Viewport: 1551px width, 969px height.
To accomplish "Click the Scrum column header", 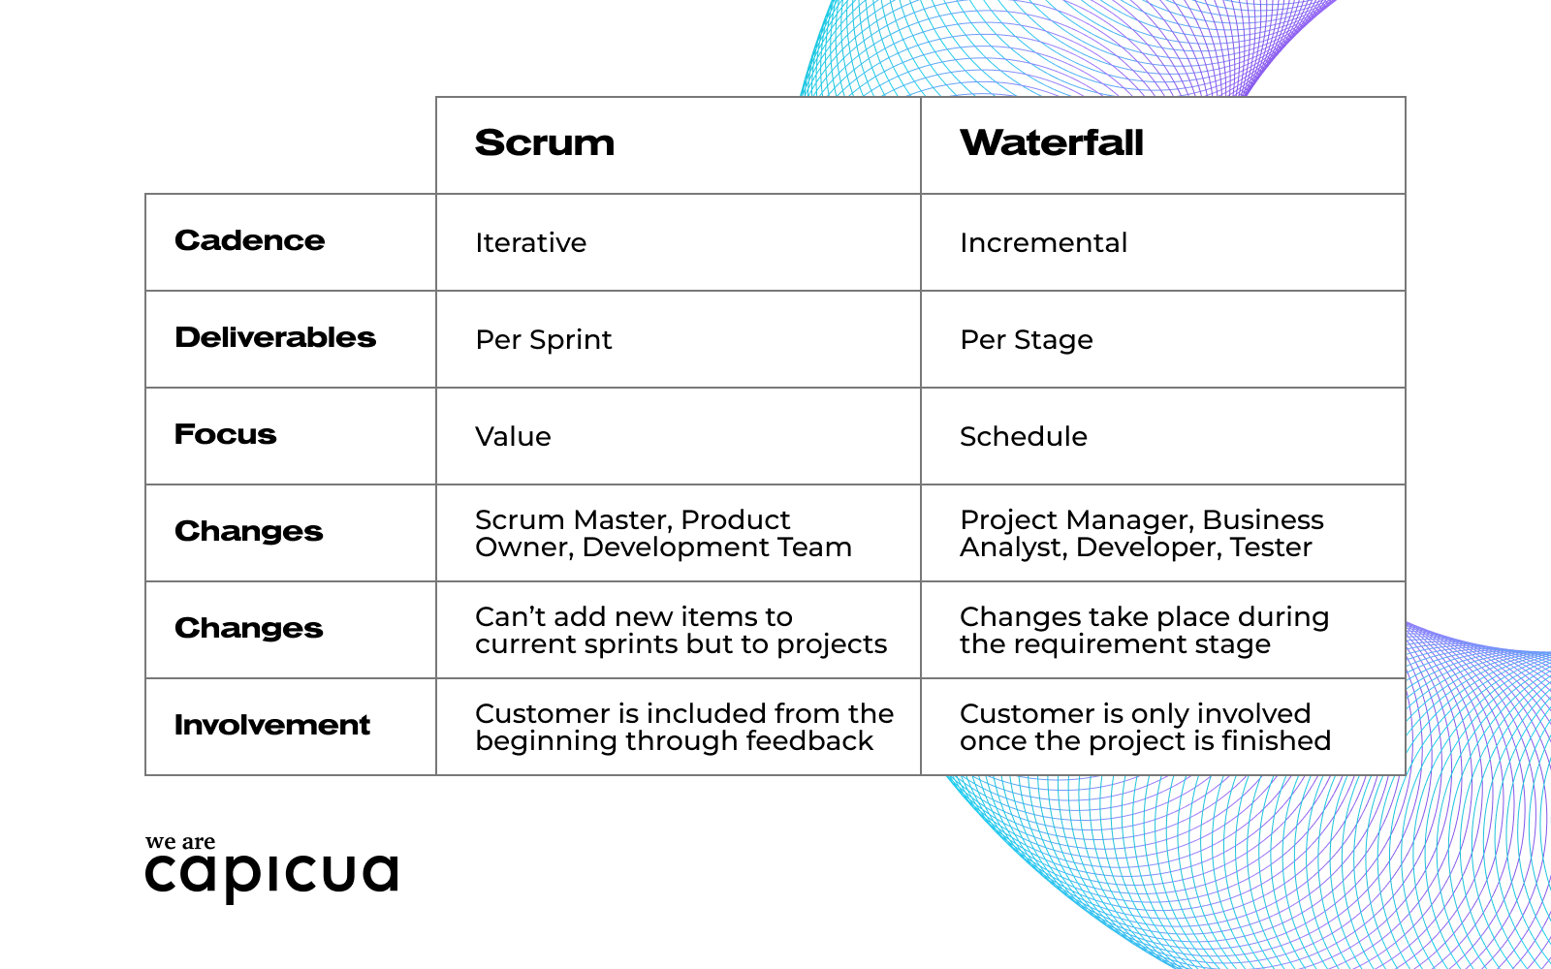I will coord(545,143).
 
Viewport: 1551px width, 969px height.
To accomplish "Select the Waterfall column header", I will coord(1052,143).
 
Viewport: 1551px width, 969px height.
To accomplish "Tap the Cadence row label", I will coord(250,240).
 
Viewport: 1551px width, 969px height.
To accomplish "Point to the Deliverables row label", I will coord(275,337).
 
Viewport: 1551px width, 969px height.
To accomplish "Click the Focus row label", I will coord(226,434).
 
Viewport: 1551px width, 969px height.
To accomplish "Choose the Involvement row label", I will coord(272,725).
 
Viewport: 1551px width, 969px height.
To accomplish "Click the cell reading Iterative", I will coord(531,242).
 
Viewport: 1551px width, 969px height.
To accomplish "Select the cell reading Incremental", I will coord(1043,242).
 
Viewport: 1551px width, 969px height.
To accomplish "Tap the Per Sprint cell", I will coord(544,339).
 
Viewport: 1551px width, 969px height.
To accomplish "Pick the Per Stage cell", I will coord(1027,339).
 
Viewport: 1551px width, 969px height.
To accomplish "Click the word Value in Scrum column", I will coord(513,436).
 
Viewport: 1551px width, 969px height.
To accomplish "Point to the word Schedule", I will coord(1024,436).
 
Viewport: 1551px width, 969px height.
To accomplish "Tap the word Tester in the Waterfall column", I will coord(1271,547).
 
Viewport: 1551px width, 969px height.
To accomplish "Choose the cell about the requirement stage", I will coord(1144,630).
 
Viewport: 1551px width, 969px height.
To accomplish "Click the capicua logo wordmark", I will coord(272,874).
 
